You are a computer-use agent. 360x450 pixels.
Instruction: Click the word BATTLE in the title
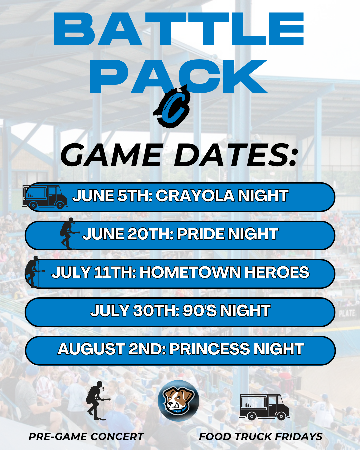[179, 29]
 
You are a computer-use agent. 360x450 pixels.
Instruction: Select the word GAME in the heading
[111, 155]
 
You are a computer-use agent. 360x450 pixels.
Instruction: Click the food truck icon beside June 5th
[45, 197]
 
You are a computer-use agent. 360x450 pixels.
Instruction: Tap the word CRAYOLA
[195, 196]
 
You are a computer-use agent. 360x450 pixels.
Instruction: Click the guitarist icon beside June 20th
[69, 234]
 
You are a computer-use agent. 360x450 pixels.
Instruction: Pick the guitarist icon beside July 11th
[34, 272]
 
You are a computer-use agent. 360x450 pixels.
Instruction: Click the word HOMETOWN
[190, 272]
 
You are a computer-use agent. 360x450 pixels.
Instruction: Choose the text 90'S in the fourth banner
[200, 311]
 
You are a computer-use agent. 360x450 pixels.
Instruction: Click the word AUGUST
[91, 349]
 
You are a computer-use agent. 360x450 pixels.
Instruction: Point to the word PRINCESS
[209, 349]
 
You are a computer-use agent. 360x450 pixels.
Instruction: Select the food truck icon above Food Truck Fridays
[264, 407]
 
